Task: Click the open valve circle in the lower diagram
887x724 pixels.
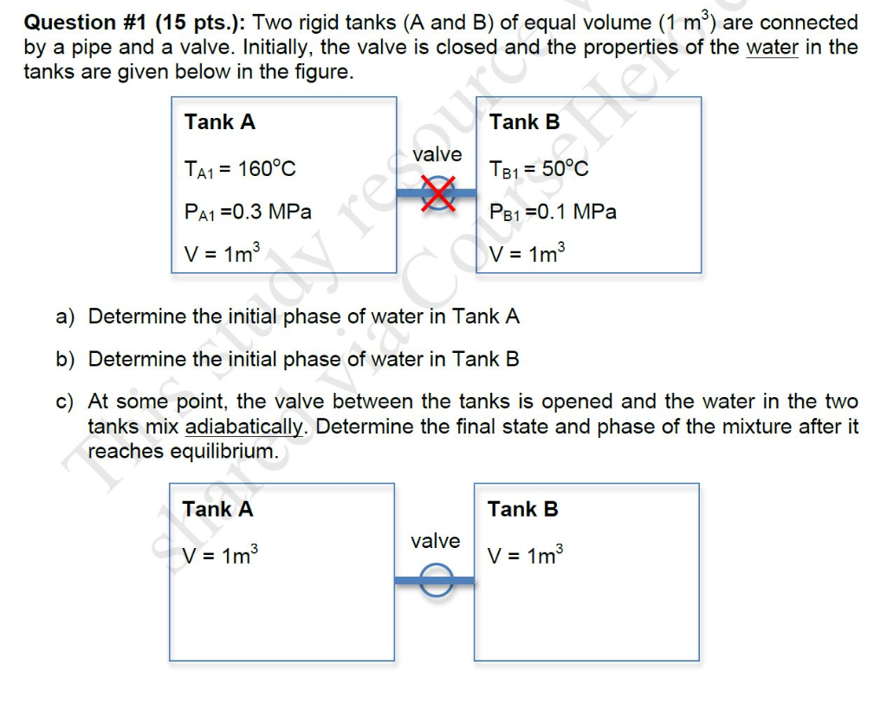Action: click(437, 579)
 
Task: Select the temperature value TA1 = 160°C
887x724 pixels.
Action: click(240, 168)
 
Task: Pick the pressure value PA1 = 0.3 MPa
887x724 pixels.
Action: click(248, 212)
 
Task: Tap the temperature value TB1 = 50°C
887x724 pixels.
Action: click(539, 168)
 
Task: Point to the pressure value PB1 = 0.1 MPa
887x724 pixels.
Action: click(553, 212)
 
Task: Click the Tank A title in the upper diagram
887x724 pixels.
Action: click(220, 122)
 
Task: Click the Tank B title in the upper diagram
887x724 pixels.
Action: click(524, 122)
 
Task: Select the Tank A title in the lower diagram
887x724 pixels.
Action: click(217, 509)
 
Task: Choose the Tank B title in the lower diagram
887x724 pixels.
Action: click(522, 509)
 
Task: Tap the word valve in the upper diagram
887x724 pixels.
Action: click(437, 154)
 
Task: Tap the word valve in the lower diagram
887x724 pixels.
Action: click(435, 541)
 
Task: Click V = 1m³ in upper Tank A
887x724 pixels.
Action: click(222, 253)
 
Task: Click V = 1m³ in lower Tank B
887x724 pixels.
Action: click(526, 555)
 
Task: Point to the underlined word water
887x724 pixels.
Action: click(773, 47)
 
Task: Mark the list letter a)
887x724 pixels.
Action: click(67, 316)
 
